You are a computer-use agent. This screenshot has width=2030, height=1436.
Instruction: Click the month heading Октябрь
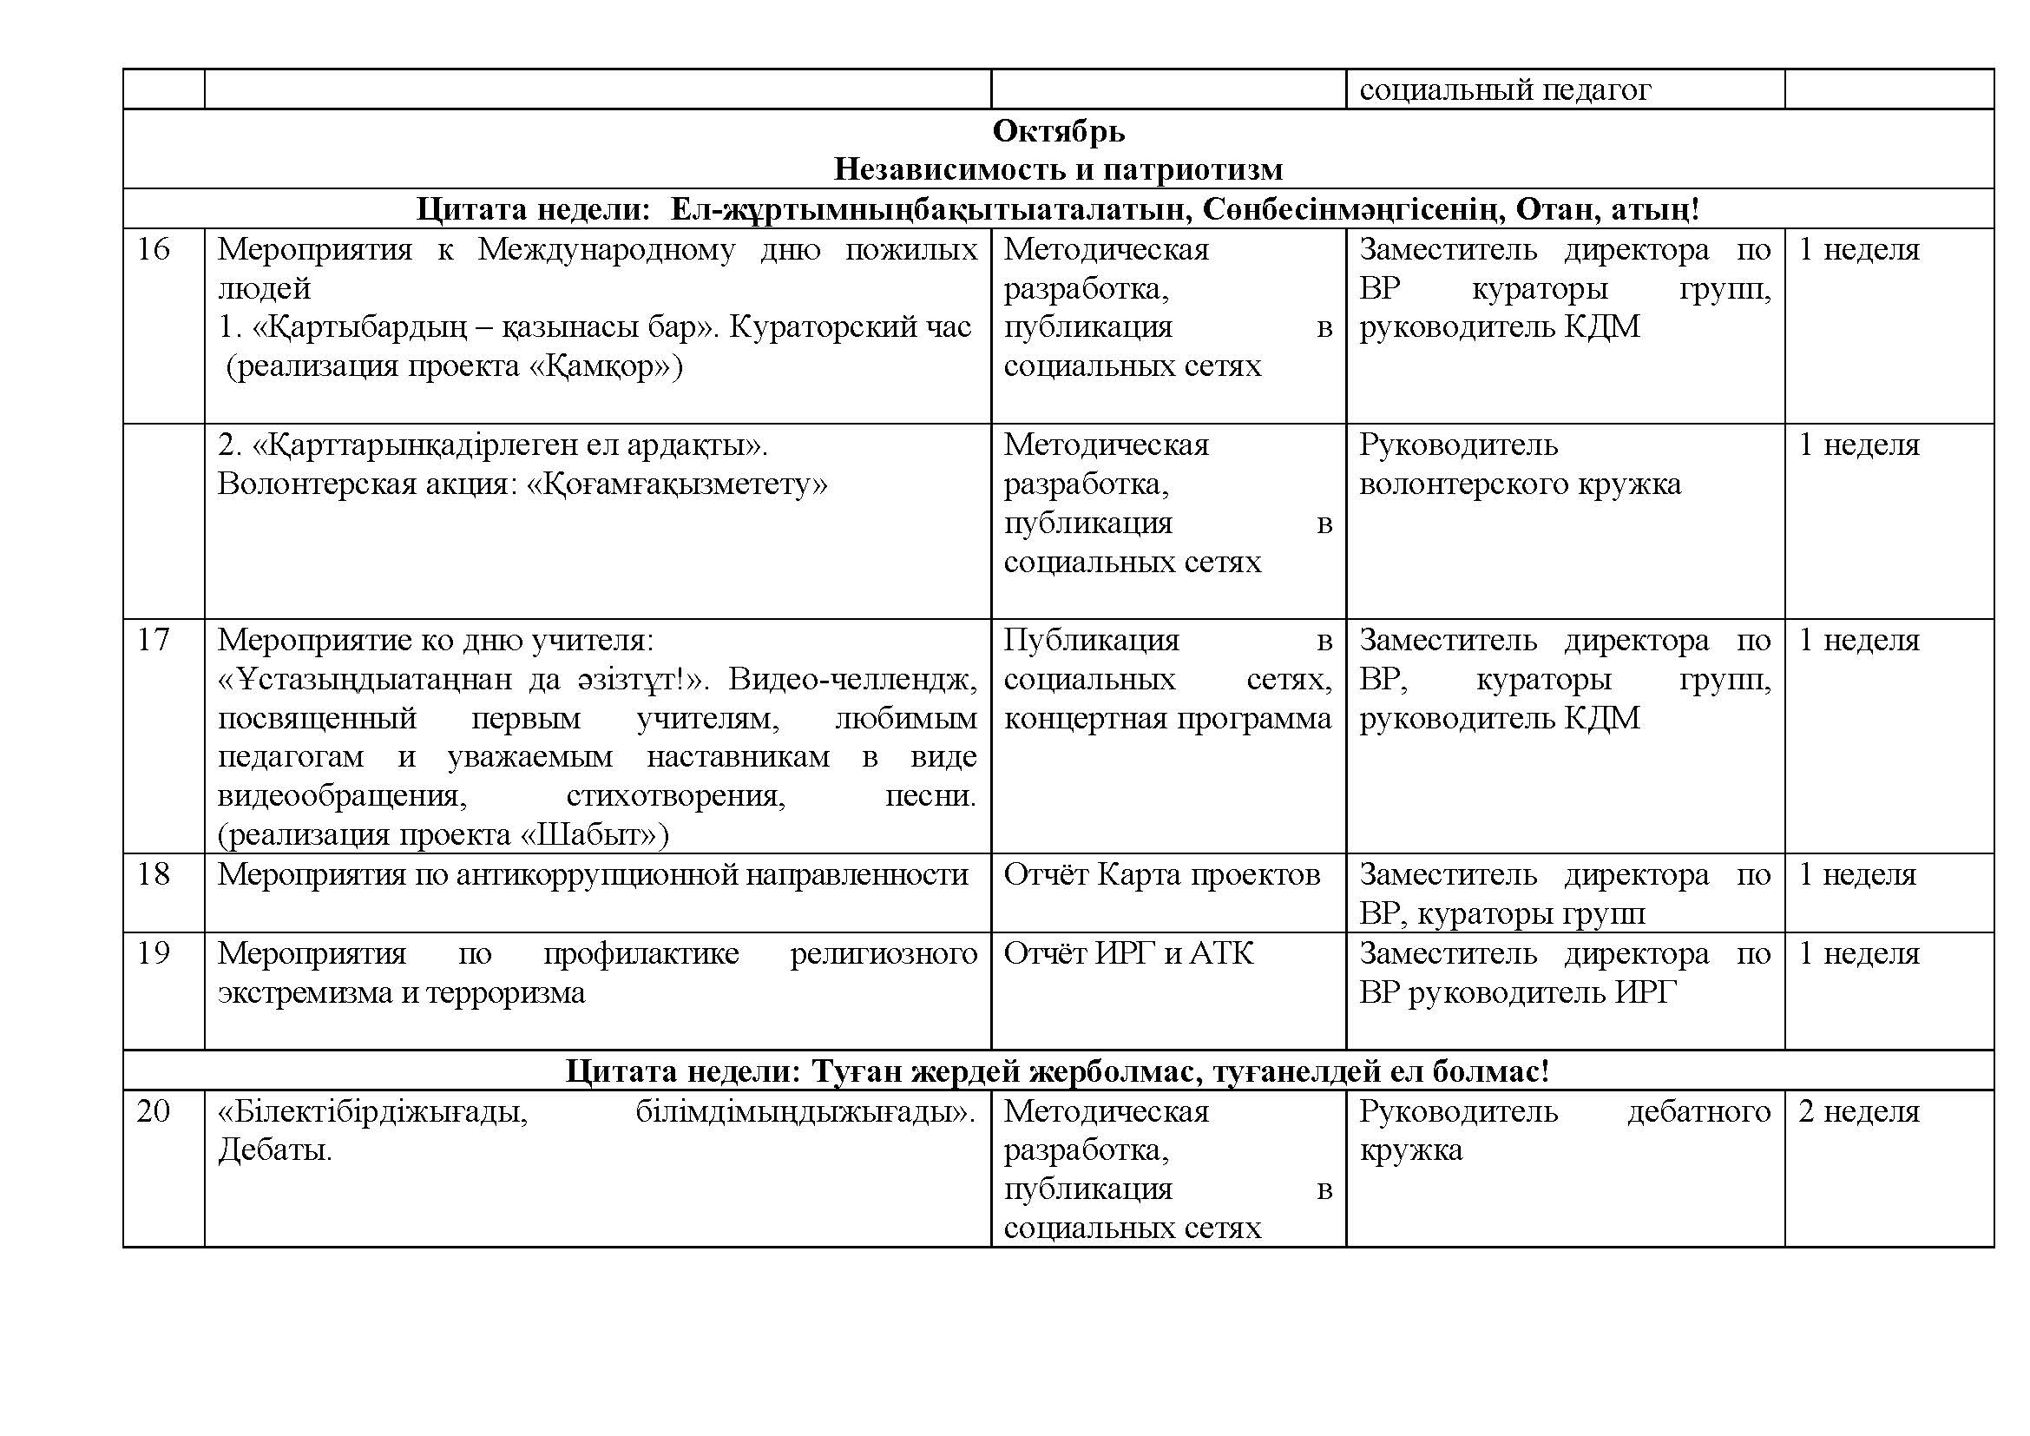1057,131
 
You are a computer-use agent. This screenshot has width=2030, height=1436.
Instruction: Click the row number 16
153,249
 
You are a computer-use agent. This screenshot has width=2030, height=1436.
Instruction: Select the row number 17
153,639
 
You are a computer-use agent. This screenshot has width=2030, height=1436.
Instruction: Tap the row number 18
153,873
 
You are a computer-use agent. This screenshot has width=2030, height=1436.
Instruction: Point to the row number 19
153,952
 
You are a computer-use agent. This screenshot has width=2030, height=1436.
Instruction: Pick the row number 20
153,1110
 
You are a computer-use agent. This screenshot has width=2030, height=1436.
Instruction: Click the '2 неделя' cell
1858,1110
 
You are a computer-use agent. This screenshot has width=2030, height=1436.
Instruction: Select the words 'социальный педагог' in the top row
1504,90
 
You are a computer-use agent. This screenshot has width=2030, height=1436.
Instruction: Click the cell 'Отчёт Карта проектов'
1161,873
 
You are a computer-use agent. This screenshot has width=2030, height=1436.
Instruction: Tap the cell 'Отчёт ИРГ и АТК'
1128,952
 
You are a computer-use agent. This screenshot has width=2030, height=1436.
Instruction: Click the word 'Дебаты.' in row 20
275,1149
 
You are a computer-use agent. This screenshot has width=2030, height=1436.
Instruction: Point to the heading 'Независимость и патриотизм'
1057,169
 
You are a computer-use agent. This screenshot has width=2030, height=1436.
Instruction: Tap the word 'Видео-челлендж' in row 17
852,679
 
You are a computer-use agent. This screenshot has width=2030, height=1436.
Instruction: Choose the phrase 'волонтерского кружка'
1520,484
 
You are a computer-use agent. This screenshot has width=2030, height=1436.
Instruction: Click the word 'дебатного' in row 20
1698,1110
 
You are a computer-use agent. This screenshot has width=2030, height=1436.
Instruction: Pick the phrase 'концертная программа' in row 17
1167,717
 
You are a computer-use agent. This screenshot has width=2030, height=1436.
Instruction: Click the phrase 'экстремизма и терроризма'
402,992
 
